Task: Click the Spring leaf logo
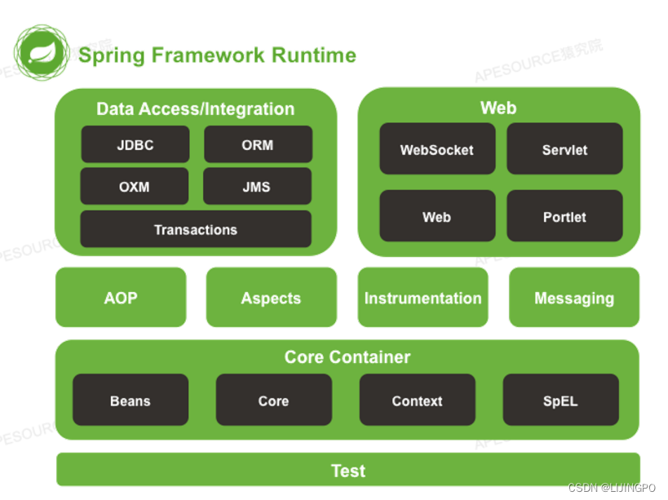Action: pyautogui.click(x=42, y=52)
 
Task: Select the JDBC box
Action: pyautogui.click(x=135, y=144)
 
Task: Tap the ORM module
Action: pyautogui.click(x=259, y=144)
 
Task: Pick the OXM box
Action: pyautogui.click(x=135, y=186)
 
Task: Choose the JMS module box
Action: pyautogui.click(x=257, y=186)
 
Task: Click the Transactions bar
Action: pyautogui.click(x=196, y=229)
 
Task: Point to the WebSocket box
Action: pyautogui.click(x=437, y=148)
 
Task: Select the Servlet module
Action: pyautogui.click(x=565, y=148)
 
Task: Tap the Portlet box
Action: pyautogui.click(x=565, y=216)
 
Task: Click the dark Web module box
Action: pyautogui.click(x=437, y=216)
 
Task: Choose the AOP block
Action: pyautogui.click(x=121, y=297)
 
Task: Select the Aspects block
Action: pyautogui.click(x=272, y=297)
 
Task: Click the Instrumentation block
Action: pyautogui.click(x=423, y=297)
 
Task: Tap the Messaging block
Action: pyautogui.click(x=574, y=297)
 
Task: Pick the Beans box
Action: pyautogui.click(x=131, y=400)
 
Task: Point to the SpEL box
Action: pyautogui.click(x=561, y=400)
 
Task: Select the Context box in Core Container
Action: pyautogui.click(x=418, y=400)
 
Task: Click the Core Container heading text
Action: pyautogui.click(x=347, y=357)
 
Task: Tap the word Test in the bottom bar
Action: pyautogui.click(x=348, y=471)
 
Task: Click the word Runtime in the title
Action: pyautogui.click(x=314, y=55)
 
